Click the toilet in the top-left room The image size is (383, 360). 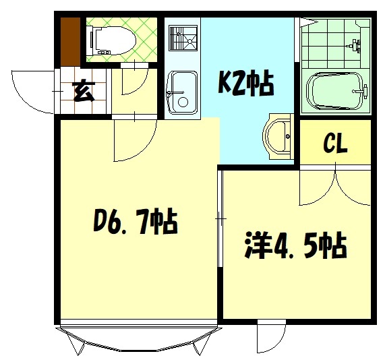coord(113,40)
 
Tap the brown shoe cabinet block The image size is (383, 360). coord(70,42)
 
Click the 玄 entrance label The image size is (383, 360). coord(84,90)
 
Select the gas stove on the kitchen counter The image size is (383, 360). coord(183,38)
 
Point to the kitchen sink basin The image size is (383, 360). coord(182,93)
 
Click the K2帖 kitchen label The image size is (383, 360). coord(245,82)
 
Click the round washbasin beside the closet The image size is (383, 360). coord(278,137)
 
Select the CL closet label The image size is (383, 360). coord(335,144)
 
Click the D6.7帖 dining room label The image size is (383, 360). coord(135,221)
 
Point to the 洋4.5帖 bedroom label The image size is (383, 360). coord(296,245)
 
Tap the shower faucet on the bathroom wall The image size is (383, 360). coord(354,46)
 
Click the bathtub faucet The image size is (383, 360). coord(361,91)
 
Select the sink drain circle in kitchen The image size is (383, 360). coord(183,102)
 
